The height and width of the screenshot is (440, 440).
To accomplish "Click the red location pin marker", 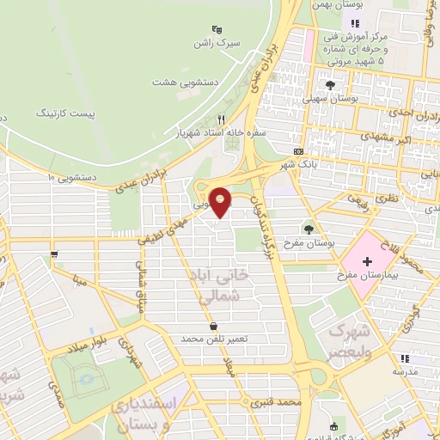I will [x=221, y=202].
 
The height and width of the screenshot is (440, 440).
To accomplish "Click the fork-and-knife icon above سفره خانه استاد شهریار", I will [x=222, y=119].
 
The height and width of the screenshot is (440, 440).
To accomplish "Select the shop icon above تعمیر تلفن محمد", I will [x=213, y=326].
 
